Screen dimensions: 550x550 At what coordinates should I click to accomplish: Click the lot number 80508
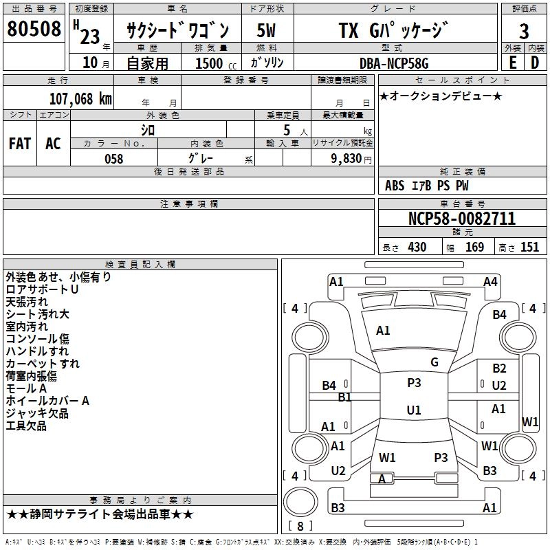(x=34, y=30)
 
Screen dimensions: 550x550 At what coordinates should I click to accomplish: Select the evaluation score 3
(x=524, y=30)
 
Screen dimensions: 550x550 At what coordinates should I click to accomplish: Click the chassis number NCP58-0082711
(x=461, y=219)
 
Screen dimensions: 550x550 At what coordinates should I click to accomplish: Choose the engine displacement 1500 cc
(x=210, y=63)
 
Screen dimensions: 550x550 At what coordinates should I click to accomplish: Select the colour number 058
(x=113, y=159)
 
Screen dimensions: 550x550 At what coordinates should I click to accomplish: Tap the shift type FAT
(x=19, y=144)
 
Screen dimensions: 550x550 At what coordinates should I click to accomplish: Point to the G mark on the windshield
(x=434, y=362)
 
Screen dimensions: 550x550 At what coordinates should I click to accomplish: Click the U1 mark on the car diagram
(x=413, y=410)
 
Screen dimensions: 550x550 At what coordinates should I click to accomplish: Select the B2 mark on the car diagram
(x=499, y=368)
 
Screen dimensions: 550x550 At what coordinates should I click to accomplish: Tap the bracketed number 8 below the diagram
(x=300, y=527)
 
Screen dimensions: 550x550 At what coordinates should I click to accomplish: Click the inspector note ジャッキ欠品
(x=37, y=413)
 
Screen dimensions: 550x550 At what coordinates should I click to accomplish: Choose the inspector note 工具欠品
(x=26, y=426)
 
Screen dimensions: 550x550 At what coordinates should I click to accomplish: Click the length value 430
(x=417, y=247)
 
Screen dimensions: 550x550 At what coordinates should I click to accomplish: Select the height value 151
(x=529, y=247)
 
